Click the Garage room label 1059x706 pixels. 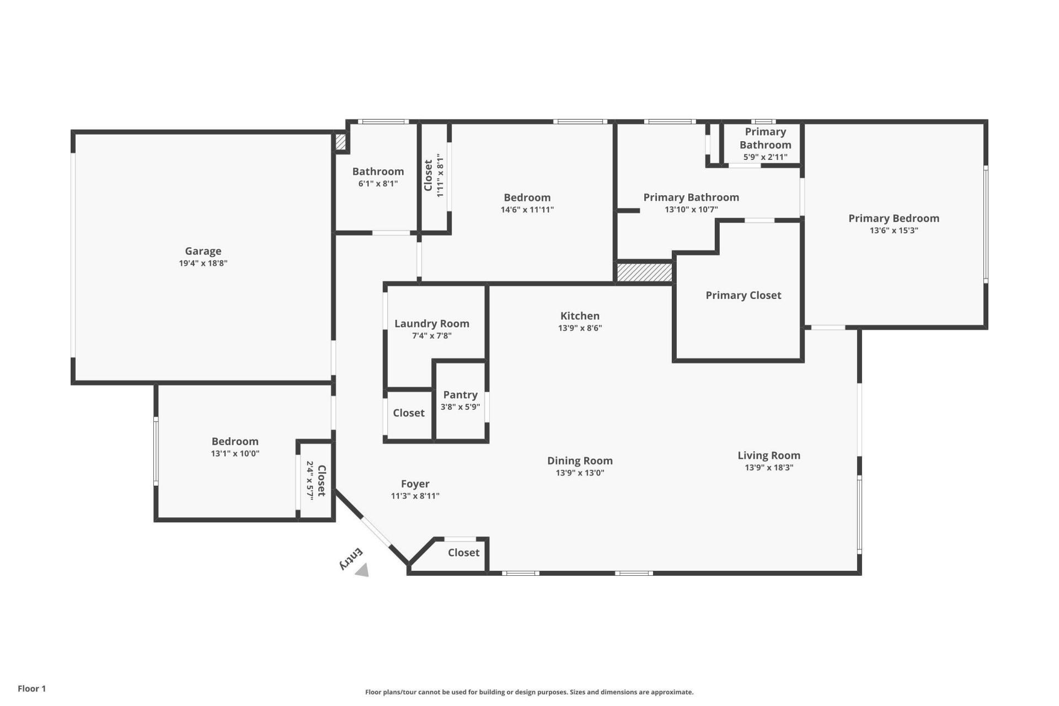coord(203,251)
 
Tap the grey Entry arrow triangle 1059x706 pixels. coord(362,570)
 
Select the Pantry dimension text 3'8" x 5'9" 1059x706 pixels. coord(460,407)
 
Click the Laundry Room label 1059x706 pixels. coord(431,324)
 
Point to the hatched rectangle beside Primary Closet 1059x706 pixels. coord(644,272)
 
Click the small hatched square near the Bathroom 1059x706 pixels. coord(340,142)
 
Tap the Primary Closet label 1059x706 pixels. coord(743,295)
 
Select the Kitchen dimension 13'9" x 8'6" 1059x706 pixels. coord(580,328)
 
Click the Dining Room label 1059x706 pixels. coord(580,461)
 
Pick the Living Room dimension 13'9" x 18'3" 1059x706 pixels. coord(769,468)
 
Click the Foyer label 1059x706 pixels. coord(415,484)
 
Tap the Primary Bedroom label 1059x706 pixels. coord(894,218)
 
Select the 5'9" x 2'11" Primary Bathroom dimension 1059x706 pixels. coord(765,157)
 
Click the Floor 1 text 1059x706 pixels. coord(31,688)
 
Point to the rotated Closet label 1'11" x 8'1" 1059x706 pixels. coord(429,175)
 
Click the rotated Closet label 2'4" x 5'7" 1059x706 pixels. coord(322,480)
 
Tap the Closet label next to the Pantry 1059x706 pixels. coord(408,413)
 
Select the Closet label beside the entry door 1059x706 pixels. coord(463,553)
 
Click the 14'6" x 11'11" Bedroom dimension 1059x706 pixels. coord(527,210)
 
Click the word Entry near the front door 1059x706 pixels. coord(351,559)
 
